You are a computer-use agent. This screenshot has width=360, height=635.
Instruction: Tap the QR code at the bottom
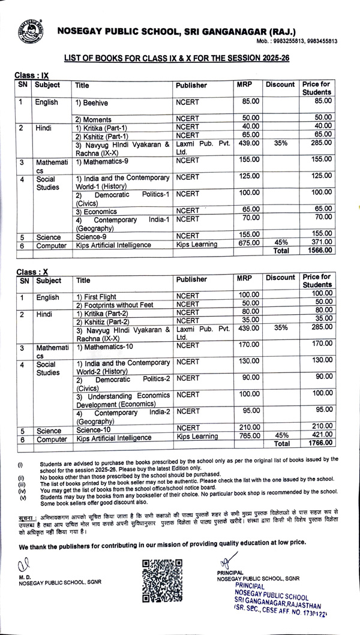161,579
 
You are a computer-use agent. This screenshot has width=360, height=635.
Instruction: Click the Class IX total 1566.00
317,251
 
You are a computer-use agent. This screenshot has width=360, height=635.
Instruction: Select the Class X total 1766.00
317,443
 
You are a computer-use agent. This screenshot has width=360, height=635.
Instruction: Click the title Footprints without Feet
115,305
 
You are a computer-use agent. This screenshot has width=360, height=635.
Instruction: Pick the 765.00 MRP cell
248,436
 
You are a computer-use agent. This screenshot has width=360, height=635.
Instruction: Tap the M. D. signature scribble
24,563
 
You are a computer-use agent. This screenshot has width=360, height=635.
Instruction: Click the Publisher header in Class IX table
191,86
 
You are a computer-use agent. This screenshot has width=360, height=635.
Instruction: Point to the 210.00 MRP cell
248,426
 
